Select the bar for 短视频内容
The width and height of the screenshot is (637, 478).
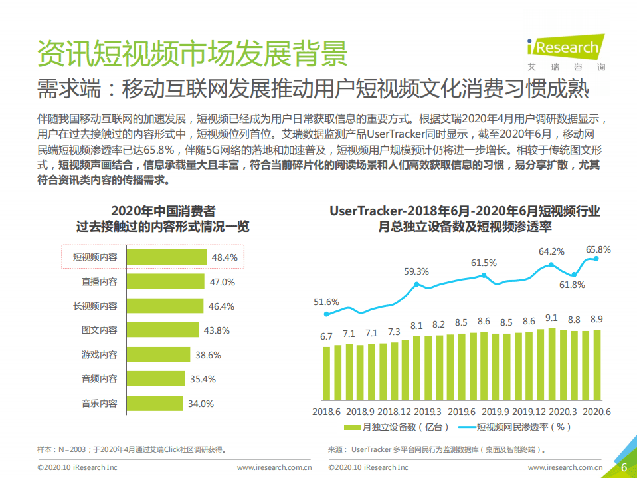click(167, 257)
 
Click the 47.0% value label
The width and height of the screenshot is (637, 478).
click(223, 282)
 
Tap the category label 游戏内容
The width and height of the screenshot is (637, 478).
click(99, 355)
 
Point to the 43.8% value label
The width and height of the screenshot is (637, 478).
click(217, 330)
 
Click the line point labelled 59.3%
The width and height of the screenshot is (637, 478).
click(416, 284)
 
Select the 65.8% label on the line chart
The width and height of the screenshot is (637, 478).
click(598, 249)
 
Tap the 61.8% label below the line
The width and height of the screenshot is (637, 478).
click(572, 285)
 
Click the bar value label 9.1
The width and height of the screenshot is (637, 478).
click(551, 318)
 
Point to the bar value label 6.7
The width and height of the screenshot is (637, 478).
click(326, 337)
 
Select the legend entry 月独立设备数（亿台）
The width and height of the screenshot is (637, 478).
click(397, 427)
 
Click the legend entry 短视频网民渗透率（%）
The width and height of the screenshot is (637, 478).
click(515, 427)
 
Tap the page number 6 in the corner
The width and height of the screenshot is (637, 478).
click(624, 467)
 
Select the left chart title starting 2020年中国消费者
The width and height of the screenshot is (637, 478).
click(163, 211)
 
